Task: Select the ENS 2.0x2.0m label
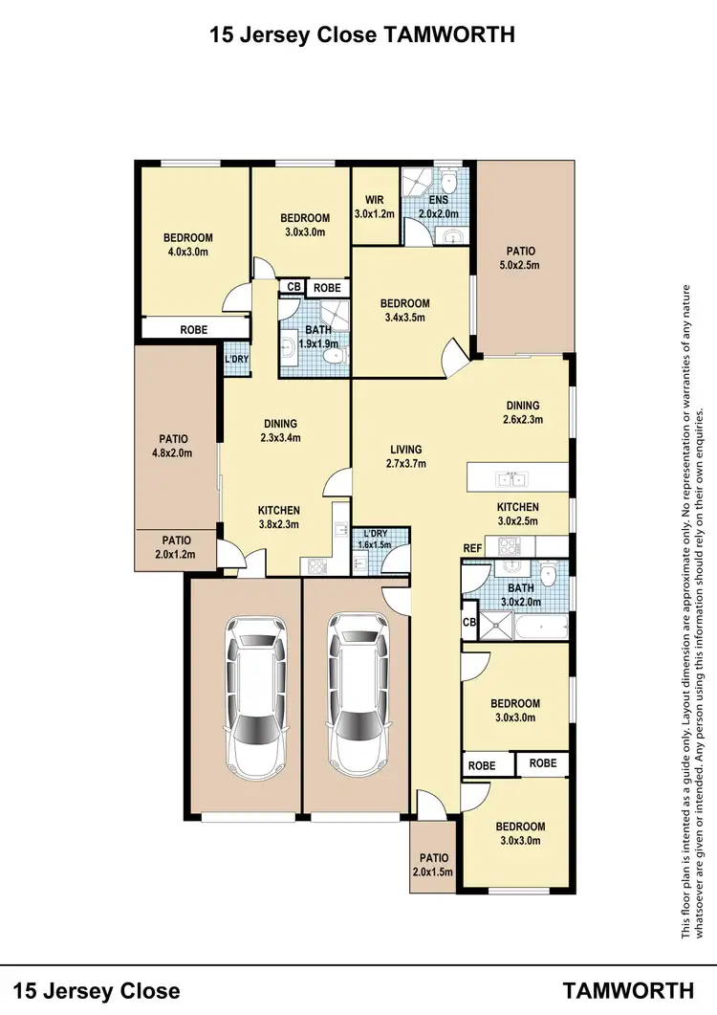click(x=440, y=207)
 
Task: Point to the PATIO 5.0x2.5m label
click(x=523, y=257)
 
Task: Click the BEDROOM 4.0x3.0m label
click(x=187, y=246)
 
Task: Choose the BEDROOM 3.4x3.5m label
click(x=405, y=310)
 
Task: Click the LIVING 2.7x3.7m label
click(x=405, y=456)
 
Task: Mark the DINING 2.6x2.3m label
click(x=523, y=411)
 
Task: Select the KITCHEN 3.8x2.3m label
click(x=279, y=517)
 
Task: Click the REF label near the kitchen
click(x=472, y=548)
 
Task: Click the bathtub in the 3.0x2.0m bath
click(x=540, y=629)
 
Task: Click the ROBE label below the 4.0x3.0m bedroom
click(x=194, y=329)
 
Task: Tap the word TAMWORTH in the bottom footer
click(x=628, y=988)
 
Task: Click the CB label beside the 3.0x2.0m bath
click(x=469, y=622)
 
